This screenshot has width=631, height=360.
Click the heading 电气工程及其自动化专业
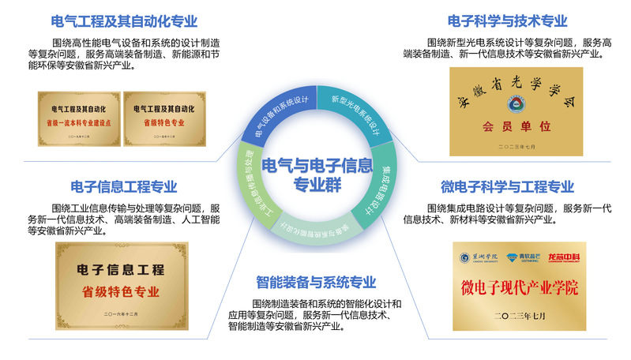click(x=123, y=21)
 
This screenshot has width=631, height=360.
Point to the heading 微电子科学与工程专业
click(x=507, y=187)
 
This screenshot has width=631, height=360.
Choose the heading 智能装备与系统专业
click(x=316, y=282)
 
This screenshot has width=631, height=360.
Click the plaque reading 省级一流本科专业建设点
click(x=78, y=118)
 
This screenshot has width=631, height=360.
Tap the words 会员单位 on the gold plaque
click(x=515, y=126)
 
